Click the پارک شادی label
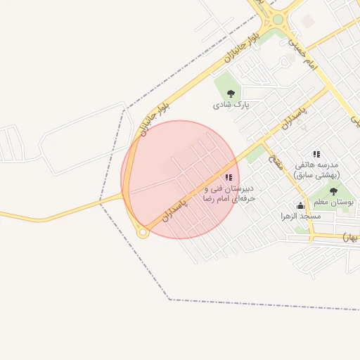tap(231, 105)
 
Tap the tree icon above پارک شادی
tap(231, 93)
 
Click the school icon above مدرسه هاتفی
tap(316, 154)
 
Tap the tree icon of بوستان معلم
tap(333, 191)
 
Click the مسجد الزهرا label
tap(300, 216)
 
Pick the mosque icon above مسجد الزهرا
tap(301, 205)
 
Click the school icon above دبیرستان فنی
tap(228, 177)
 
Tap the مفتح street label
tap(276, 164)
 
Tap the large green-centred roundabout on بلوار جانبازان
tap(278, 20)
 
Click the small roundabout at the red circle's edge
tap(143, 233)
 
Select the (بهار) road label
tap(351, 238)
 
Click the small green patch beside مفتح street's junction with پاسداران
tap(254, 153)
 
